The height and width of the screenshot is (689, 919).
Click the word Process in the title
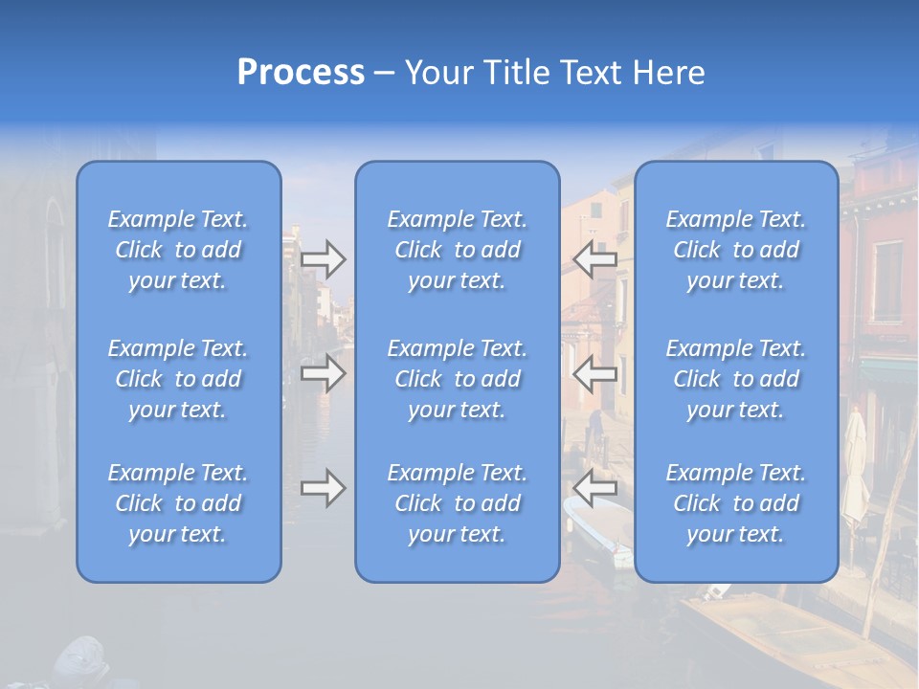pyautogui.click(x=301, y=73)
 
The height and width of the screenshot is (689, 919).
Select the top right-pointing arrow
pyautogui.click(x=323, y=259)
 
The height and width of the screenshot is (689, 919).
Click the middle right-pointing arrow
pyautogui.click(x=323, y=373)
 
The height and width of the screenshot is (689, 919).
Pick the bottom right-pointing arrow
pyautogui.click(x=323, y=488)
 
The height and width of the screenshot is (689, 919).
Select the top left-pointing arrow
pyautogui.click(x=595, y=259)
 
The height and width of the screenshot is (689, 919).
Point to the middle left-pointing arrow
pyautogui.click(x=595, y=373)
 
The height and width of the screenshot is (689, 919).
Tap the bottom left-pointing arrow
pyautogui.click(x=595, y=488)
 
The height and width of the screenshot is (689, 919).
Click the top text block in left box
pyautogui.click(x=178, y=250)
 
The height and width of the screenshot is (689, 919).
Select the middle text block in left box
pyautogui.click(x=178, y=379)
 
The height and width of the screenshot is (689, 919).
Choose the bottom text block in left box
pyautogui.click(x=178, y=503)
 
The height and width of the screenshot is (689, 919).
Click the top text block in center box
pyautogui.click(x=457, y=250)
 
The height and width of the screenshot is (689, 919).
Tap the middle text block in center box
pyautogui.click(x=457, y=379)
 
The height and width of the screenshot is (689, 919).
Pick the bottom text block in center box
pyautogui.click(x=457, y=503)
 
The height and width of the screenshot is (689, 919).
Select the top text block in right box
pyautogui.click(x=735, y=250)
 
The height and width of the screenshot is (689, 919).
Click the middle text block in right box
pyautogui.click(x=735, y=379)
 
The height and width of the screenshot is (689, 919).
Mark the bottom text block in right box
pyautogui.click(x=735, y=503)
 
